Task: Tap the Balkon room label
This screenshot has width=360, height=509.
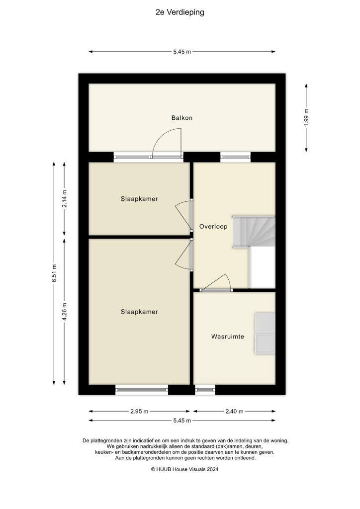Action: pyautogui.click(x=181, y=118)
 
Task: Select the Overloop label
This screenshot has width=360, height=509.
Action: pyautogui.click(x=213, y=227)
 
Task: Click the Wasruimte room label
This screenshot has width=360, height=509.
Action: pyautogui.click(x=227, y=337)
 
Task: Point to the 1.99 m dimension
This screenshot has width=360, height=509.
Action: pyautogui.click(x=307, y=118)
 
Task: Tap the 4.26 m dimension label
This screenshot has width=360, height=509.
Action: pyautogui.click(x=64, y=312)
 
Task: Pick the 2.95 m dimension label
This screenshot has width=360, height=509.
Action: pyautogui.click(x=139, y=412)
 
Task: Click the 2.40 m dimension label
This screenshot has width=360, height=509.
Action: pyautogui.click(x=234, y=412)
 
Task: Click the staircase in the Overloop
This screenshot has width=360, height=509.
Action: pyautogui.click(x=254, y=231)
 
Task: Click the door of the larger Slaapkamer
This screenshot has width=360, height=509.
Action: pyautogui.click(x=184, y=255)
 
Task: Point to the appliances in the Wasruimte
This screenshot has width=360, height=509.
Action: pyautogui.click(x=265, y=334)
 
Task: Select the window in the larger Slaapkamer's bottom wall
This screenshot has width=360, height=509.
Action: pyautogui.click(x=142, y=390)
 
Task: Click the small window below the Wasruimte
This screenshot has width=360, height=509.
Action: pyautogui.click(x=205, y=390)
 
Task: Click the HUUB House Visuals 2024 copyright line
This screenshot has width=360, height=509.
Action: pyautogui.click(x=180, y=469)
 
